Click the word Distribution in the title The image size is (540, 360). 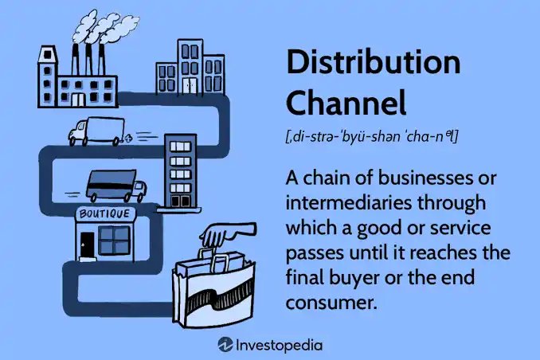pyautogui.click(x=374, y=62)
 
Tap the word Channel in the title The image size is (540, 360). pyautogui.click(x=346, y=102)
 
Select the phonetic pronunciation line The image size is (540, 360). pyautogui.click(x=372, y=137)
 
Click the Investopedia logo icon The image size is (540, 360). pyautogui.click(x=225, y=345)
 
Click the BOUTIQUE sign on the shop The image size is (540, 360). pyautogui.click(x=105, y=213)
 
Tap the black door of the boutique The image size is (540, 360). pyautogui.click(x=87, y=245)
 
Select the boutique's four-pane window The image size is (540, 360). pyautogui.click(x=114, y=240)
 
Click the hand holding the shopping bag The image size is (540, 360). pyautogui.click(x=227, y=233)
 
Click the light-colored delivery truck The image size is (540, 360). pyautogui.click(x=97, y=131)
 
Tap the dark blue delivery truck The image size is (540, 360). pyautogui.click(x=116, y=186)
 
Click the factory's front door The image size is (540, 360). pyautogui.click(x=78, y=100)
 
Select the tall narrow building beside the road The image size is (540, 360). pyautogui.click(x=180, y=171)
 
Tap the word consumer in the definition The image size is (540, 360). pyautogui.click(x=330, y=303)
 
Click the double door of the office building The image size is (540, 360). pyautogui.click(x=190, y=85)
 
